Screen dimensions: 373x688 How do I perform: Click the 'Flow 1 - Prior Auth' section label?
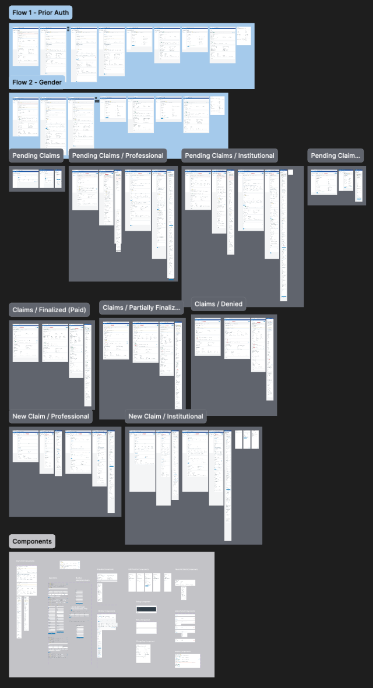[x=40, y=13]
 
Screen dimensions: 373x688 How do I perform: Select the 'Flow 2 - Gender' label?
[x=37, y=83]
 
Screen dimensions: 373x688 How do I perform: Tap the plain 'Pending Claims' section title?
[x=37, y=156]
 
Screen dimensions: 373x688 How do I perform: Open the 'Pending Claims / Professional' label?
[x=117, y=156]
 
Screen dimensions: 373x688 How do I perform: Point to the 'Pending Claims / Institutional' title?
[x=229, y=156]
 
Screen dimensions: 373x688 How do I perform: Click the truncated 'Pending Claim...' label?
[x=336, y=156]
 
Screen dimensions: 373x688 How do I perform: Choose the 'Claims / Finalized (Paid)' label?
[x=50, y=310]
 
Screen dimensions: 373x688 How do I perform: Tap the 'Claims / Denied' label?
[x=219, y=304]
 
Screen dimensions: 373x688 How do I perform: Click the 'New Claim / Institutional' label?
[x=166, y=417]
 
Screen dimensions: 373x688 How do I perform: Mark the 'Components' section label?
[x=32, y=541]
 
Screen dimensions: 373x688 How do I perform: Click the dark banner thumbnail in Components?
[x=146, y=609]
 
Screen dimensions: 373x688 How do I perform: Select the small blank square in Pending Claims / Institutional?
[x=291, y=172]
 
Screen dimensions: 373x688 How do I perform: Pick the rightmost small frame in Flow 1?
[x=244, y=36]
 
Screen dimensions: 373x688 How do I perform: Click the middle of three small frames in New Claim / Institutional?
[x=247, y=439]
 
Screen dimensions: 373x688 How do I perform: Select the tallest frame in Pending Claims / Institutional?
[x=284, y=235]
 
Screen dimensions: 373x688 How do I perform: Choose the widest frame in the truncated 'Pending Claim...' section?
[x=323, y=182]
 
